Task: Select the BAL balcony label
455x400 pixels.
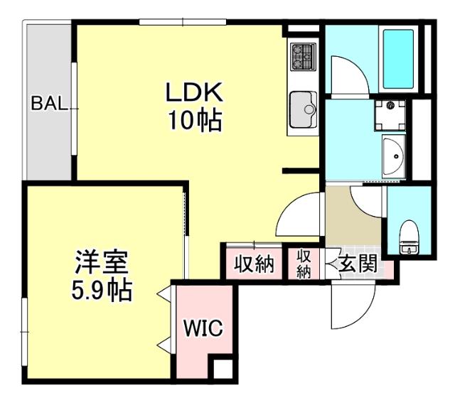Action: [49, 104]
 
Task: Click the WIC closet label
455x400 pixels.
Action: [204, 328]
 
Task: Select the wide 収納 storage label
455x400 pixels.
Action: [255, 264]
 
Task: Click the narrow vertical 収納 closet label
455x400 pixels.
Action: [304, 264]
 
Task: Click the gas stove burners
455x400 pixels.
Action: [304, 55]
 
